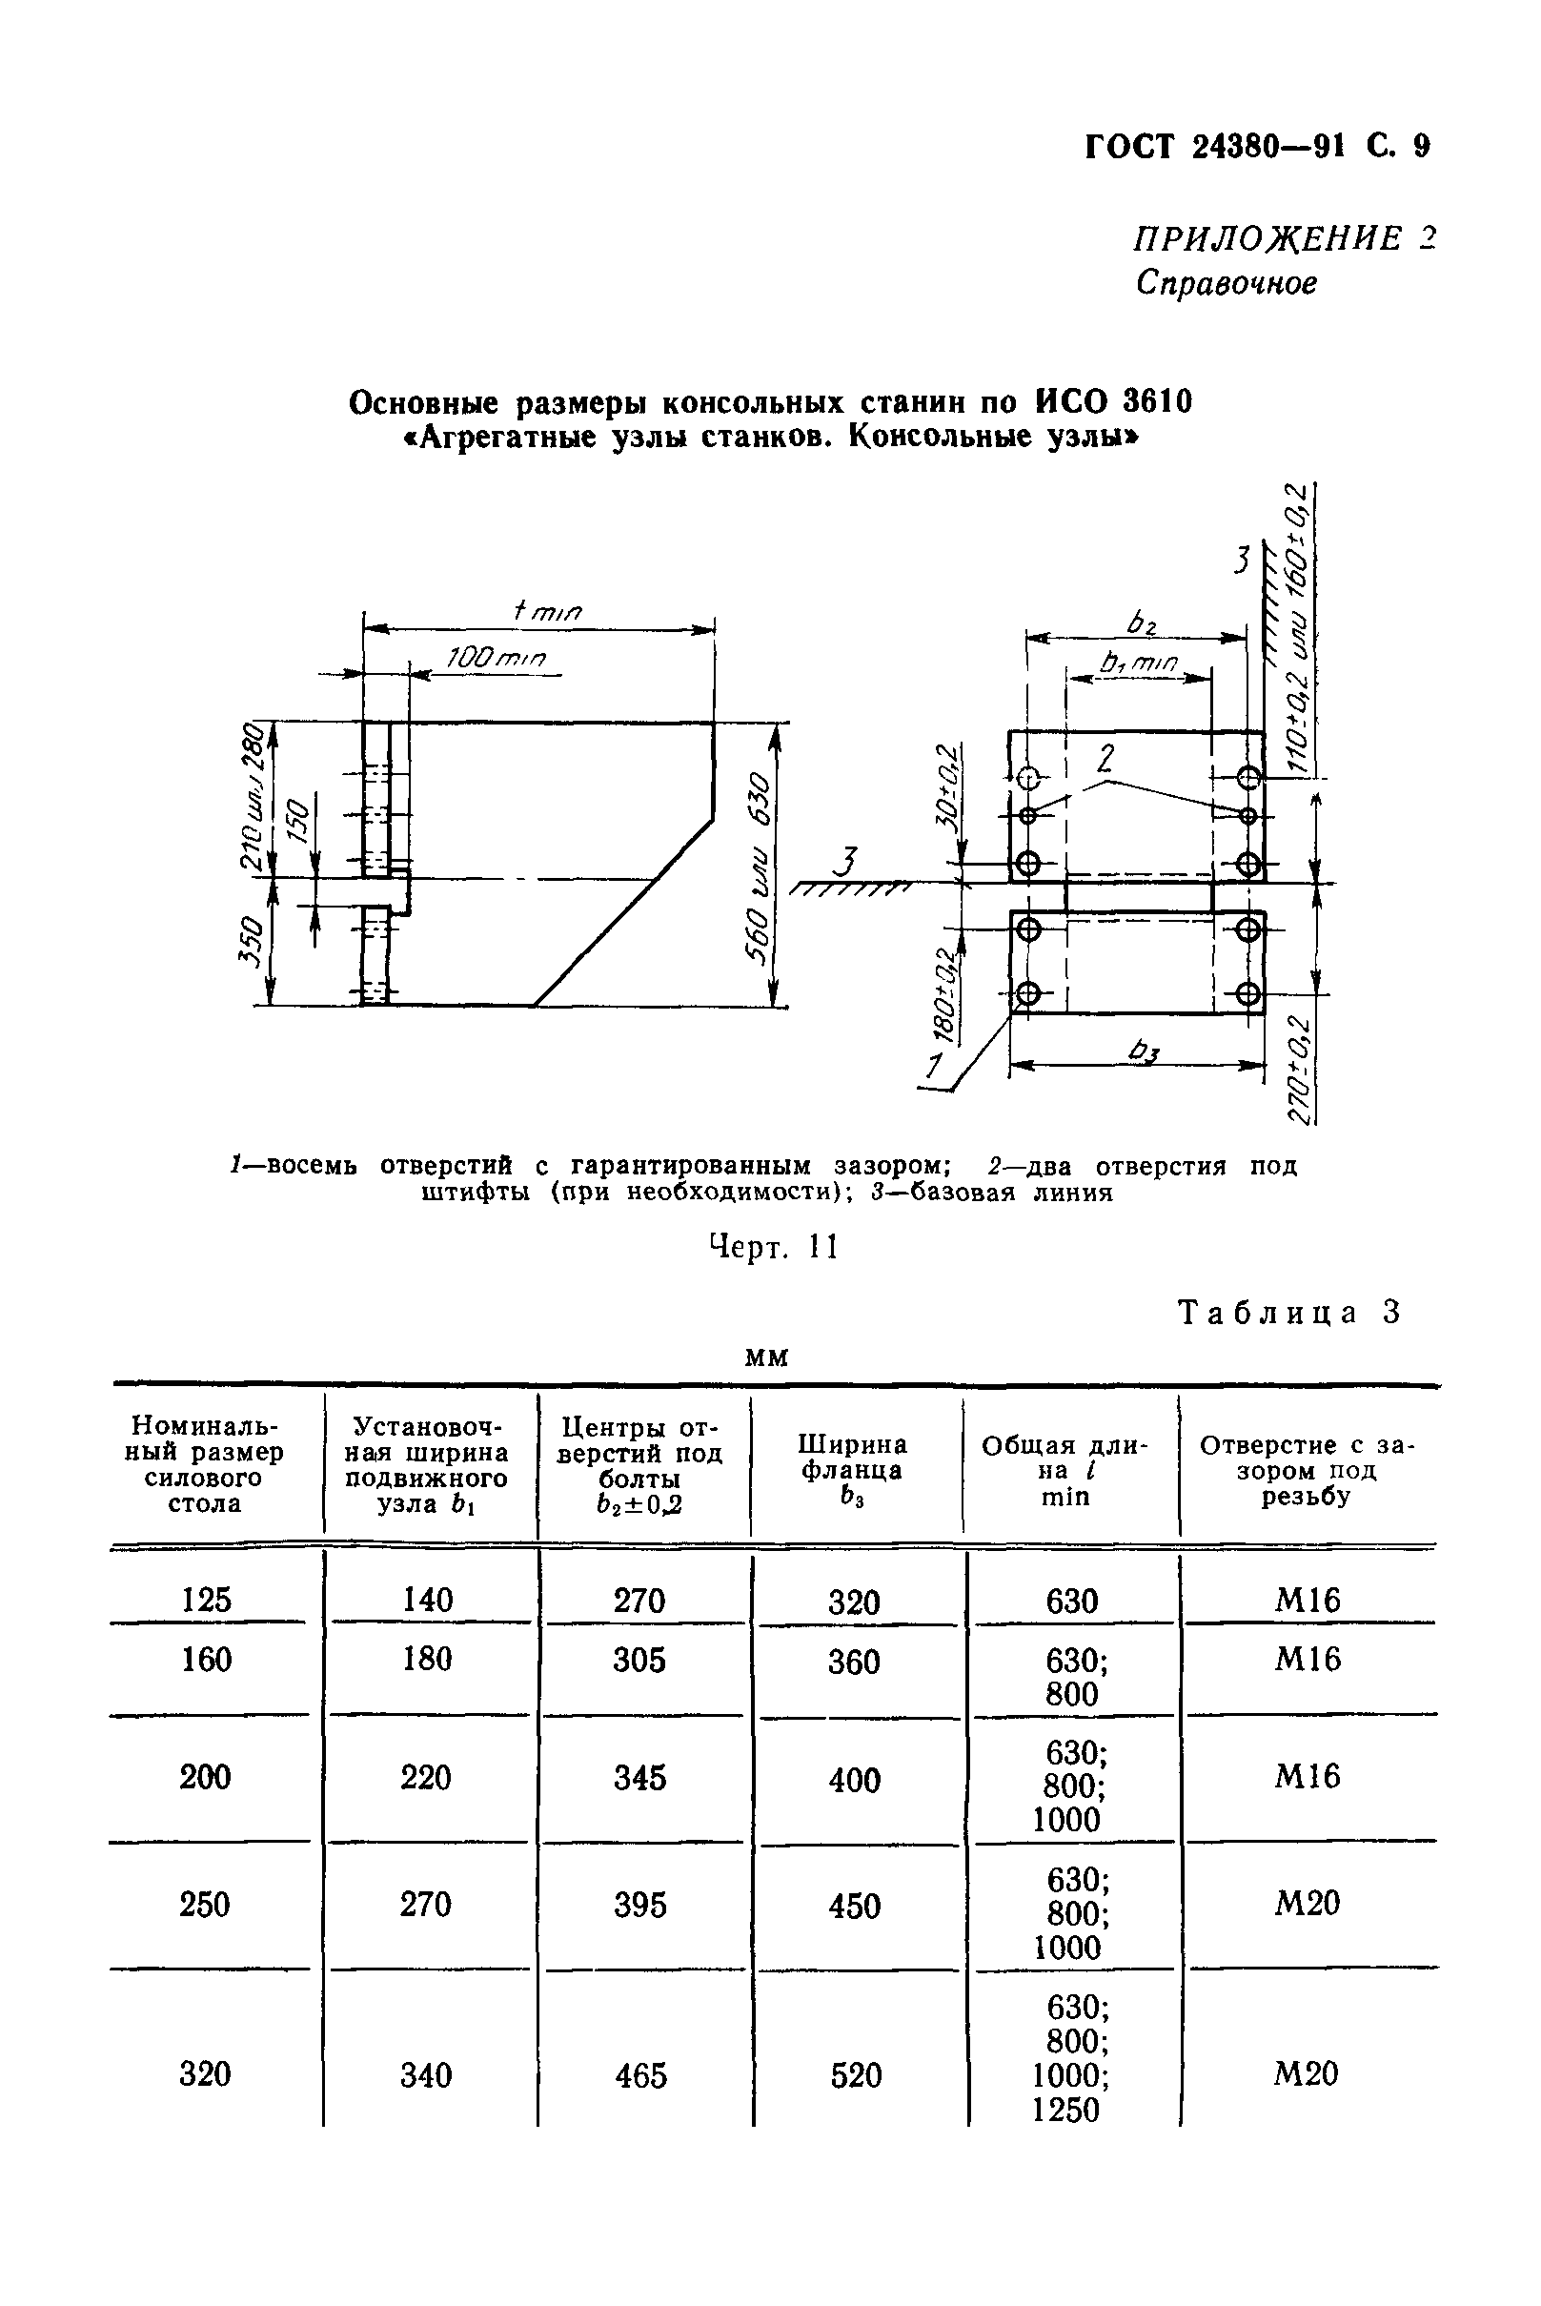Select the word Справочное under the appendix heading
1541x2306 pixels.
click(x=1226, y=283)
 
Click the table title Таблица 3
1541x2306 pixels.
click(x=1288, y=1313)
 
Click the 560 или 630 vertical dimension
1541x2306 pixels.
click(x=760, y=864)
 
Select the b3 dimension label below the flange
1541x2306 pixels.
click(x=1143, y=1052)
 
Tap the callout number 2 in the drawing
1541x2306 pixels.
click(x=1106, y=758)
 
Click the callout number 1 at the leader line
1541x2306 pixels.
click(x=935, y=1065)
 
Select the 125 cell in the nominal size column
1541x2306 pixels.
click(x=207, y=1600)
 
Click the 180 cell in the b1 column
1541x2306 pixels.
click(x=428, y=1660)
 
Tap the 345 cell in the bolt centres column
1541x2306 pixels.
click(x=639, y=1777)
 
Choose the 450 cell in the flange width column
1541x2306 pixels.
click(x=854, y=1906)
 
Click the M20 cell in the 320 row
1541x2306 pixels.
click(x=1307, y=2074)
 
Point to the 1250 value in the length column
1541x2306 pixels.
click(x=1065, y=2110)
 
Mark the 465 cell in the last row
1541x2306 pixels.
click(x=640, y=2075)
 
